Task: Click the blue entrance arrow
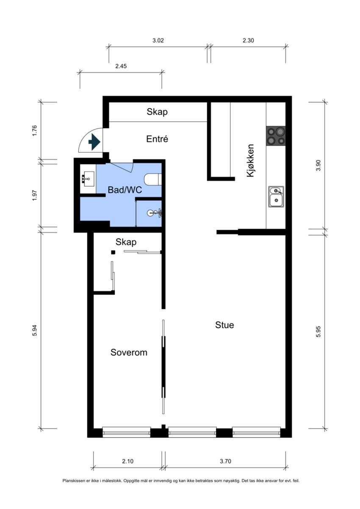point(94,142)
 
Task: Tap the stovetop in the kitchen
point(276,136)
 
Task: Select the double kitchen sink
point(276,196)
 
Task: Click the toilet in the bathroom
point(153,180)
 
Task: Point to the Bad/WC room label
point(125,190)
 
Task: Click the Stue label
point(224,325)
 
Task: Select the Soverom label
point(129,352)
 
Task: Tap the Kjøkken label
point(250,160)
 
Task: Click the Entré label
point(157,139)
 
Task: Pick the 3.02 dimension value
point(158,41)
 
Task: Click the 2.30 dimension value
point(248,41)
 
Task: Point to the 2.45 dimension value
point(121,66)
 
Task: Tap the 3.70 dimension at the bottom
point(225,461)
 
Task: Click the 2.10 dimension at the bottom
point(128,461)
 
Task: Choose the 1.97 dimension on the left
point(34,195)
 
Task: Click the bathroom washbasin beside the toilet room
point(88,179)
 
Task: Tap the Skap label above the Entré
point(157,111)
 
